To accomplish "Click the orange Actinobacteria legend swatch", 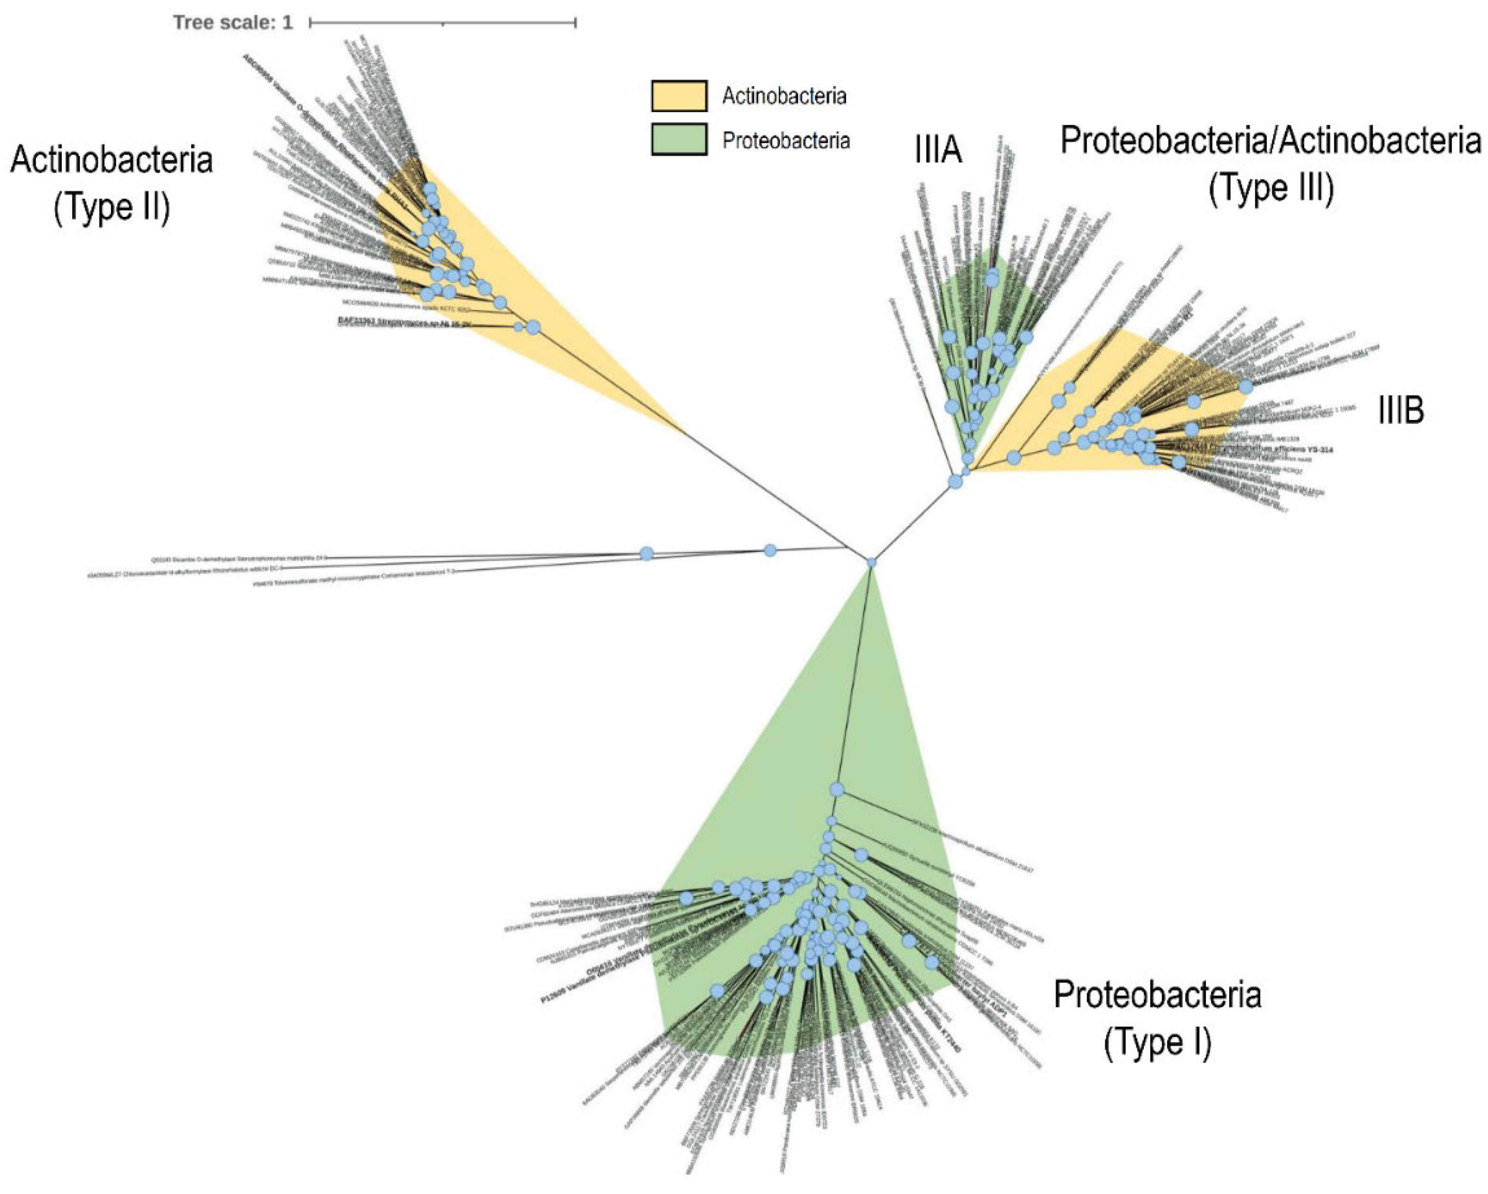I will [679, 96].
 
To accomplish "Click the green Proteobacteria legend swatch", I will [679, 140].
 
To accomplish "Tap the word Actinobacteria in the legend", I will [784, 96].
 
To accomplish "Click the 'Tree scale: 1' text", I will [233, 23].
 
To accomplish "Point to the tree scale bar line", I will [443, 23].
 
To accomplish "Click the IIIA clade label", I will [938, 149].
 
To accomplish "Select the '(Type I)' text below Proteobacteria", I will [1158, 1042].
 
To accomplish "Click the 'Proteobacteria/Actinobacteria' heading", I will [1270, 141].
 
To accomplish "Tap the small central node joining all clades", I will [872, 563].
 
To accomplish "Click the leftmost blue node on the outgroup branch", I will [647, 553].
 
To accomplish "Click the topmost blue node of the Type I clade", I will [837, 789].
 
